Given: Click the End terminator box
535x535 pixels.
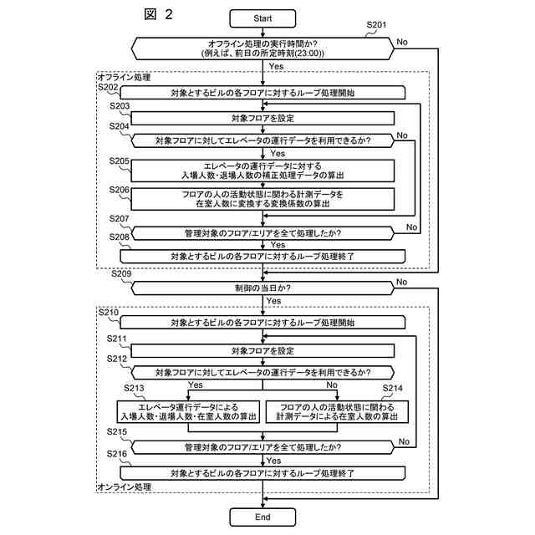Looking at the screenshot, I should [x=262, y=517].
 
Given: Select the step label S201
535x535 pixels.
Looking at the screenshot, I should [x=377, y=26].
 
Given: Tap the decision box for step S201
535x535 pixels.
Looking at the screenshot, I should [x=262, y=48].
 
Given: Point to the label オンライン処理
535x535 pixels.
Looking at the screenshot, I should [x=125, y=487].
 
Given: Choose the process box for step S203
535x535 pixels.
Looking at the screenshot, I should [x=262, y=119].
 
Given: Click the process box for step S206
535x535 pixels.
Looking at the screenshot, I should [x=262, y=199].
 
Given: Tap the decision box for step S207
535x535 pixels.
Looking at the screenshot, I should [x=262, y=232].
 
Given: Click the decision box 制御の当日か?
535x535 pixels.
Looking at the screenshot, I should [x=262, y=288].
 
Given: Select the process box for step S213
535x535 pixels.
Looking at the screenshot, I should [x=187, y=410].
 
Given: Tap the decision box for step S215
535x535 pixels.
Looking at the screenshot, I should [x=262, y=447].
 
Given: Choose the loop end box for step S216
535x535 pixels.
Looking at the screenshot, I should [x=262, y=473].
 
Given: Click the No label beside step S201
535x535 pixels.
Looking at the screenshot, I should [x=402, y=41].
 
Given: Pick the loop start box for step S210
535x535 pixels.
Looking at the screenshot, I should [x=262, y=322].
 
